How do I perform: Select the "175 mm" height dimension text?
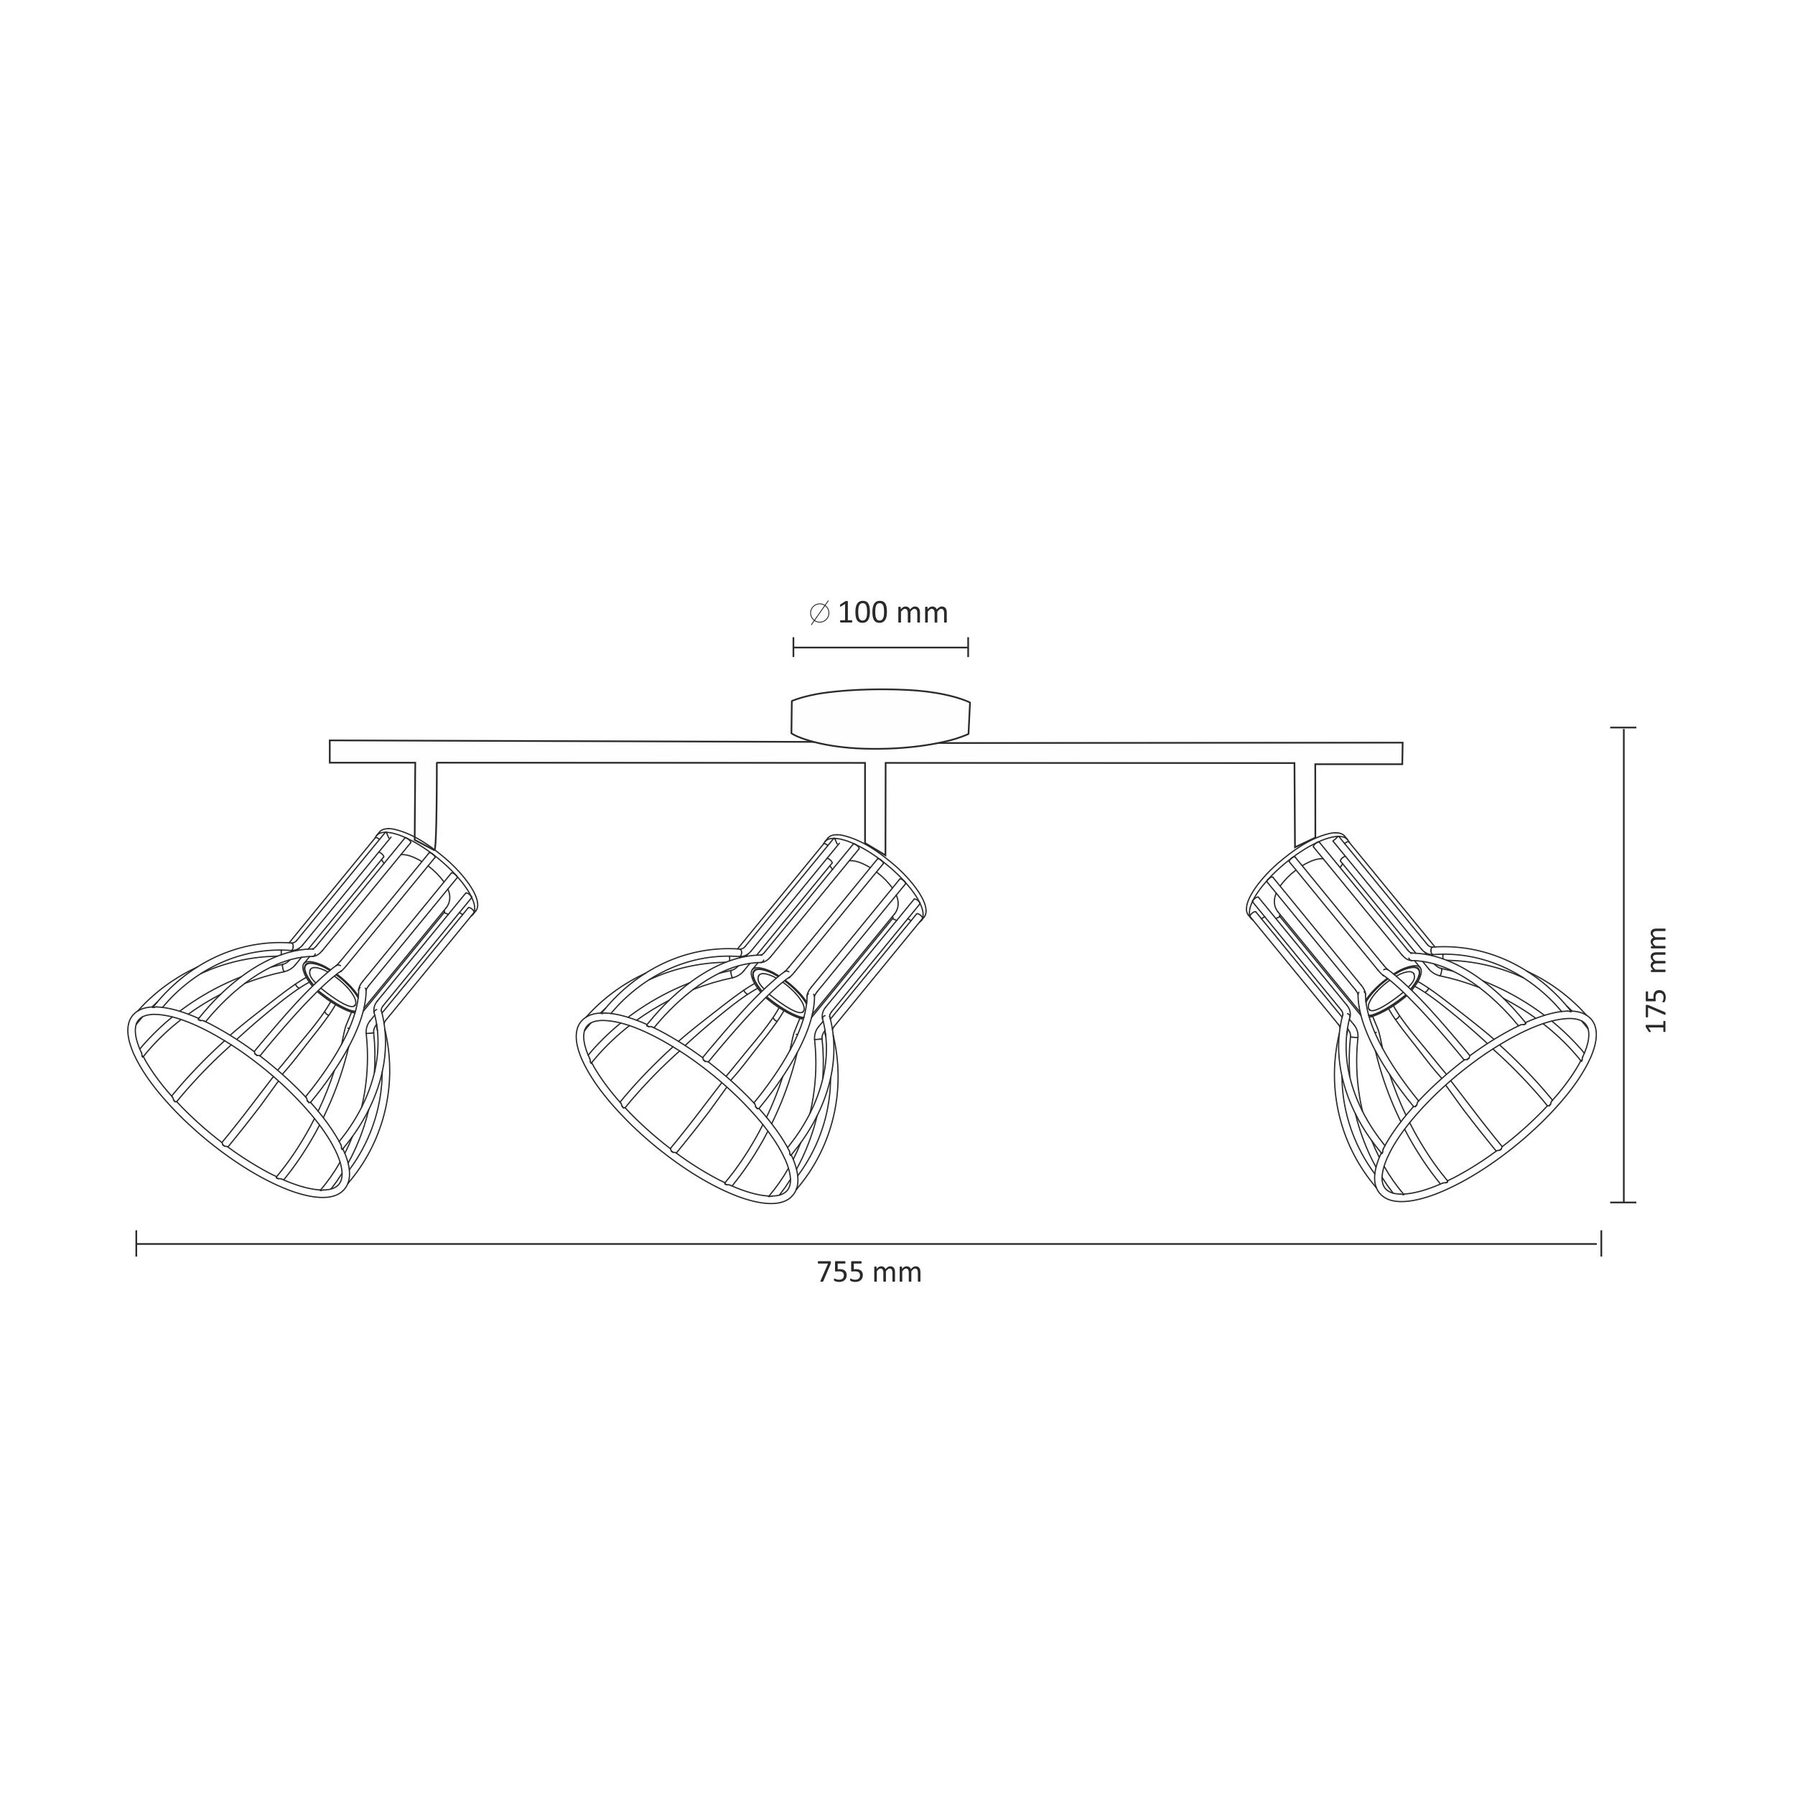[1656, 979]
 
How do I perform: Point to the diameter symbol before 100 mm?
[819, 613]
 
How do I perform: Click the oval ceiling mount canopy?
[880, 718]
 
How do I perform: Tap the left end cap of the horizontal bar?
[331, 752]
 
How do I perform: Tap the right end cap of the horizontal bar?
[1401, 753]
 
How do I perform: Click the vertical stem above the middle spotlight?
[875, 806]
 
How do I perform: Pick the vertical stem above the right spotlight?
[1305, 803]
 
